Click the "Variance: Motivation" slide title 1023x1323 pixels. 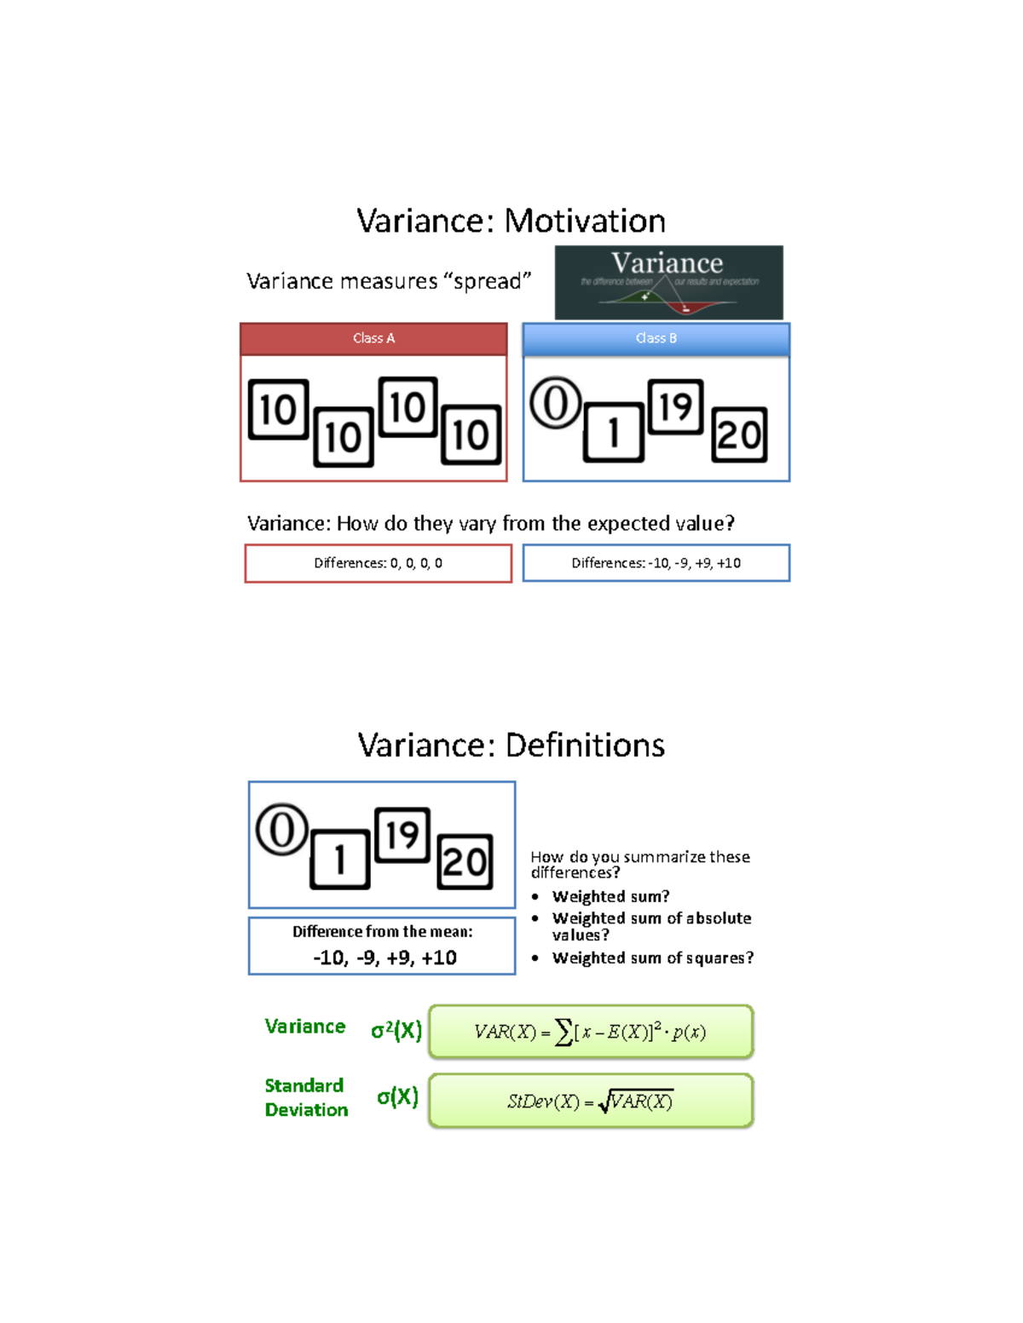point(511,221)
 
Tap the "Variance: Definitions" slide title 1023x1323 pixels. point(511,745)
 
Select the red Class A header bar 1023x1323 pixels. point(373,338)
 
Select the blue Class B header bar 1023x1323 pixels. point(656,338)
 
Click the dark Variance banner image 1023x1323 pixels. point(668,282)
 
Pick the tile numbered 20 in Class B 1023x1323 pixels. point(739,434)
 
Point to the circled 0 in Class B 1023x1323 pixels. point(555,403)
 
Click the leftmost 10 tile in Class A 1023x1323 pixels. point(278,410)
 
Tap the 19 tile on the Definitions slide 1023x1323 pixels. point(402,835)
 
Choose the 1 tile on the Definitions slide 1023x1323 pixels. point(339,860)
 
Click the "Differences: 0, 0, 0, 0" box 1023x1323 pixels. point(378,563)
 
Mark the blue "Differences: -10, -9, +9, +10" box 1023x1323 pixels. point(656,563)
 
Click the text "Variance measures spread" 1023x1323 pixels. point(389,281)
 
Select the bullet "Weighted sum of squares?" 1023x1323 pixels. point(652,958)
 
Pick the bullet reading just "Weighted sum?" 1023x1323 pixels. point(610,896)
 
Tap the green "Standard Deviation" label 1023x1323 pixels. point(306,1097)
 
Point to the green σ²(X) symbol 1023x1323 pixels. point(396,1030)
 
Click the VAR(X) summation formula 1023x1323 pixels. point(590,1032)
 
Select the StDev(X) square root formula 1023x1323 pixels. point(590,1102)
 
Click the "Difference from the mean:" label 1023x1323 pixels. point(382,931)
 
